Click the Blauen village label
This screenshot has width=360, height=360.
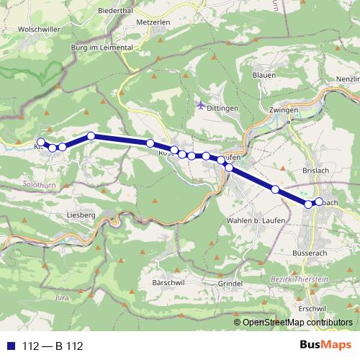pyautogui.click(x=264, y=75)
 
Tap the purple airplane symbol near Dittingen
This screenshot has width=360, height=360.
pyautogui.click(x=200, y=104)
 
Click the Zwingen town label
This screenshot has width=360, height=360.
pyautogui.click(x=283, y=109)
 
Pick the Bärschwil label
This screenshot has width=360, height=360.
pyautogui.click(x=168, y=282)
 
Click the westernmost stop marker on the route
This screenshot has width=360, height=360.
pyautogui.click(x=41, y=143)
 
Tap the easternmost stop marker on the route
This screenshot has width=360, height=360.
pyautogui.click(x=319, y=202)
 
